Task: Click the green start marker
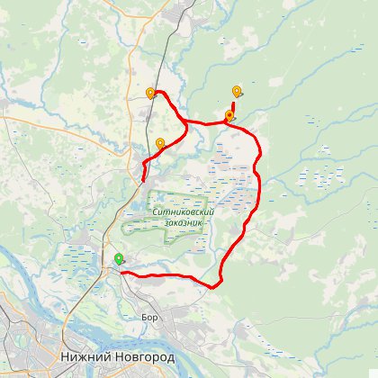(119, 259)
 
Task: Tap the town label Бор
(149, 317)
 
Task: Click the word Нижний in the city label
(85, 357)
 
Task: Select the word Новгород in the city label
(146, 357)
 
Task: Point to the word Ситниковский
(183, 211)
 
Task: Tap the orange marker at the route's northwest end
(150, 93)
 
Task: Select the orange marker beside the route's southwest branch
(160, 143)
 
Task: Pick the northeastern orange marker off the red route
(237, 91)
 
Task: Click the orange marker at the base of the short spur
(229, 115)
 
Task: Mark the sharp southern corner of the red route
(216, 287)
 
